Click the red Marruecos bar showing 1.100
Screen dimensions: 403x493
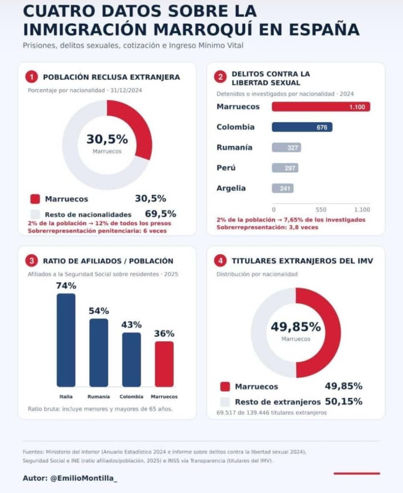[x=321, y=107]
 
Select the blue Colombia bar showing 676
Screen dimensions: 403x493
[x=302, y=127]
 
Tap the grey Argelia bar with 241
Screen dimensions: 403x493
[x=283, y=188]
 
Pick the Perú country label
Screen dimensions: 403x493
[x=226, y=168]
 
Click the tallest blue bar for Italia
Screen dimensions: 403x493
[x=66, y=340]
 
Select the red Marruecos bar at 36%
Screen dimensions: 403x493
[x=164, y=364]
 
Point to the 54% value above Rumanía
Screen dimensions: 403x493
[x=99, y=311]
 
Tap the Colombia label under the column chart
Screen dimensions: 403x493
[x=131, y=396]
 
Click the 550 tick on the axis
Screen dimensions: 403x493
[x=321, y=210]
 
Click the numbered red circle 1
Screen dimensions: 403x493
[x=31, y=77]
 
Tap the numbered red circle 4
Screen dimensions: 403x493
[x=220, y=261]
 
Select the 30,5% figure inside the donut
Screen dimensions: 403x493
[x=107, y=139]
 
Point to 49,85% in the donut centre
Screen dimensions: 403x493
[x=296, y=327]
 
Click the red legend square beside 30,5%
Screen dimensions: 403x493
[x=35, y=199]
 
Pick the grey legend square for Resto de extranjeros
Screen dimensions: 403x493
[x=225, y=402]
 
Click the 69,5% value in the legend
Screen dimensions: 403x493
[x=161, y=214]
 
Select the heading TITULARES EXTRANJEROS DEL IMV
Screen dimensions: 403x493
[x=302, y=261]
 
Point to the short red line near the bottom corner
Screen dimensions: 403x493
[x=357, y=473]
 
